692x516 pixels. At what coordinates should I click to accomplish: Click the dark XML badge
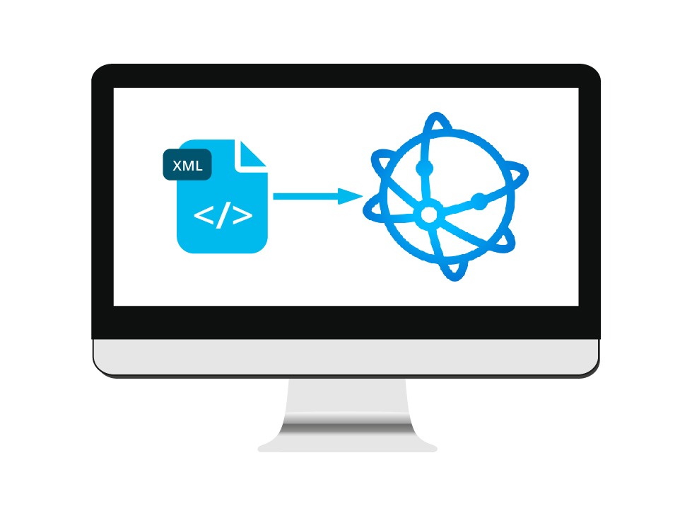coord(187,165)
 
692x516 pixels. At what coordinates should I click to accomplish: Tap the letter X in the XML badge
coord(177,166)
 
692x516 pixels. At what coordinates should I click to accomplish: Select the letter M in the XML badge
coord(188,166)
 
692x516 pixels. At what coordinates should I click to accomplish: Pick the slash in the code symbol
coord(223,214)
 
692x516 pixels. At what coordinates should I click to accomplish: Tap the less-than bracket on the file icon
coord(204,214)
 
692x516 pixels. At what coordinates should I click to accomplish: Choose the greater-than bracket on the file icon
coord(242,214)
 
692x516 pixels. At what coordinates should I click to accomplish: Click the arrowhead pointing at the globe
coord(350,196)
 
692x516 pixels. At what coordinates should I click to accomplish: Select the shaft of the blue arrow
coord(306,196)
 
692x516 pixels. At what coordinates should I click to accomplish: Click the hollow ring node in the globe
coord(428,215)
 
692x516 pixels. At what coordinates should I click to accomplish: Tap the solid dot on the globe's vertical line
coord(425,168)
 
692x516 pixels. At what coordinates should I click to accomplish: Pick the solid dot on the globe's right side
coord(479,202)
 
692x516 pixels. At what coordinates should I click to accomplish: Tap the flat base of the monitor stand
coord(347,447)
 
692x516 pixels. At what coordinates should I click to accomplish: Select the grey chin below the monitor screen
coord(346,357)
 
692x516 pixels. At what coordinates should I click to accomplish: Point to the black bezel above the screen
coord(346,76)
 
